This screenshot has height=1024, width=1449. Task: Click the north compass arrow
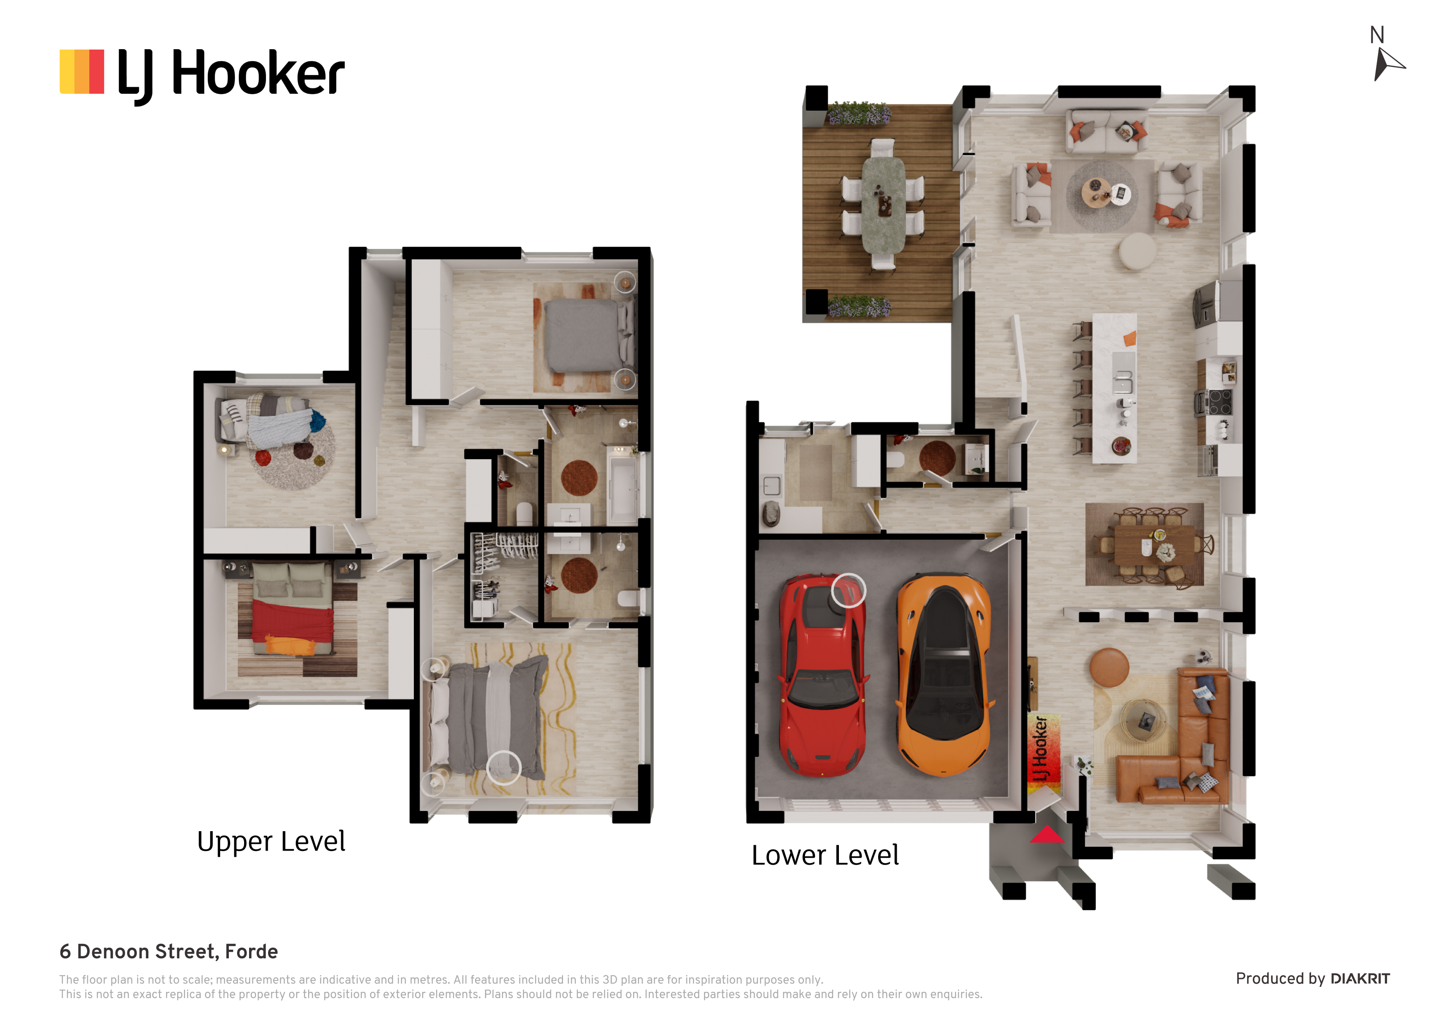[1387, 65]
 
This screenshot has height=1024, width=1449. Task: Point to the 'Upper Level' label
[271, 841]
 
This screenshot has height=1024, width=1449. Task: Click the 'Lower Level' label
[825, 856]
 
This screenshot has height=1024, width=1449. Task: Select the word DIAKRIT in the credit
[1360, 979]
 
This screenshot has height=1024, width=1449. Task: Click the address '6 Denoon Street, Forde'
[169, 951]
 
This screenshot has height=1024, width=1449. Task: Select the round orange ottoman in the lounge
[1109, 667]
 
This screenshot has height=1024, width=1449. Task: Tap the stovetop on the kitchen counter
[1219, 402]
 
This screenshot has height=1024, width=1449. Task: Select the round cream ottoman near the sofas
[1138, 252]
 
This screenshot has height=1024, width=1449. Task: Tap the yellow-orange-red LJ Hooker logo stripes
[82, 72]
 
